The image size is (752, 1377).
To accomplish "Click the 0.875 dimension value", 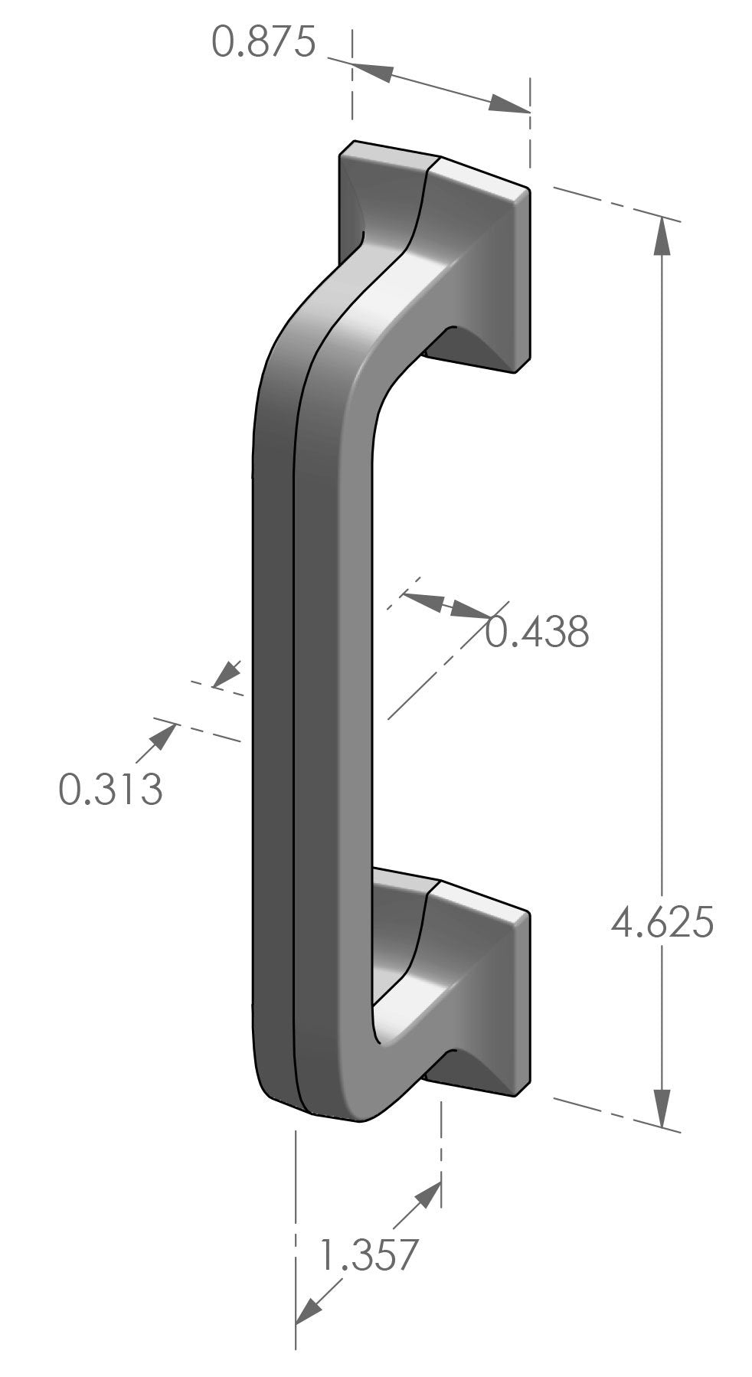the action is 263,42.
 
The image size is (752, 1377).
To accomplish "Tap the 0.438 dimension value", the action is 538,632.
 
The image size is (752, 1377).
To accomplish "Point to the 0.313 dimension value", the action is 111,789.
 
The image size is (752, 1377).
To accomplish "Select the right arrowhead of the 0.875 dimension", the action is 510,106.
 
